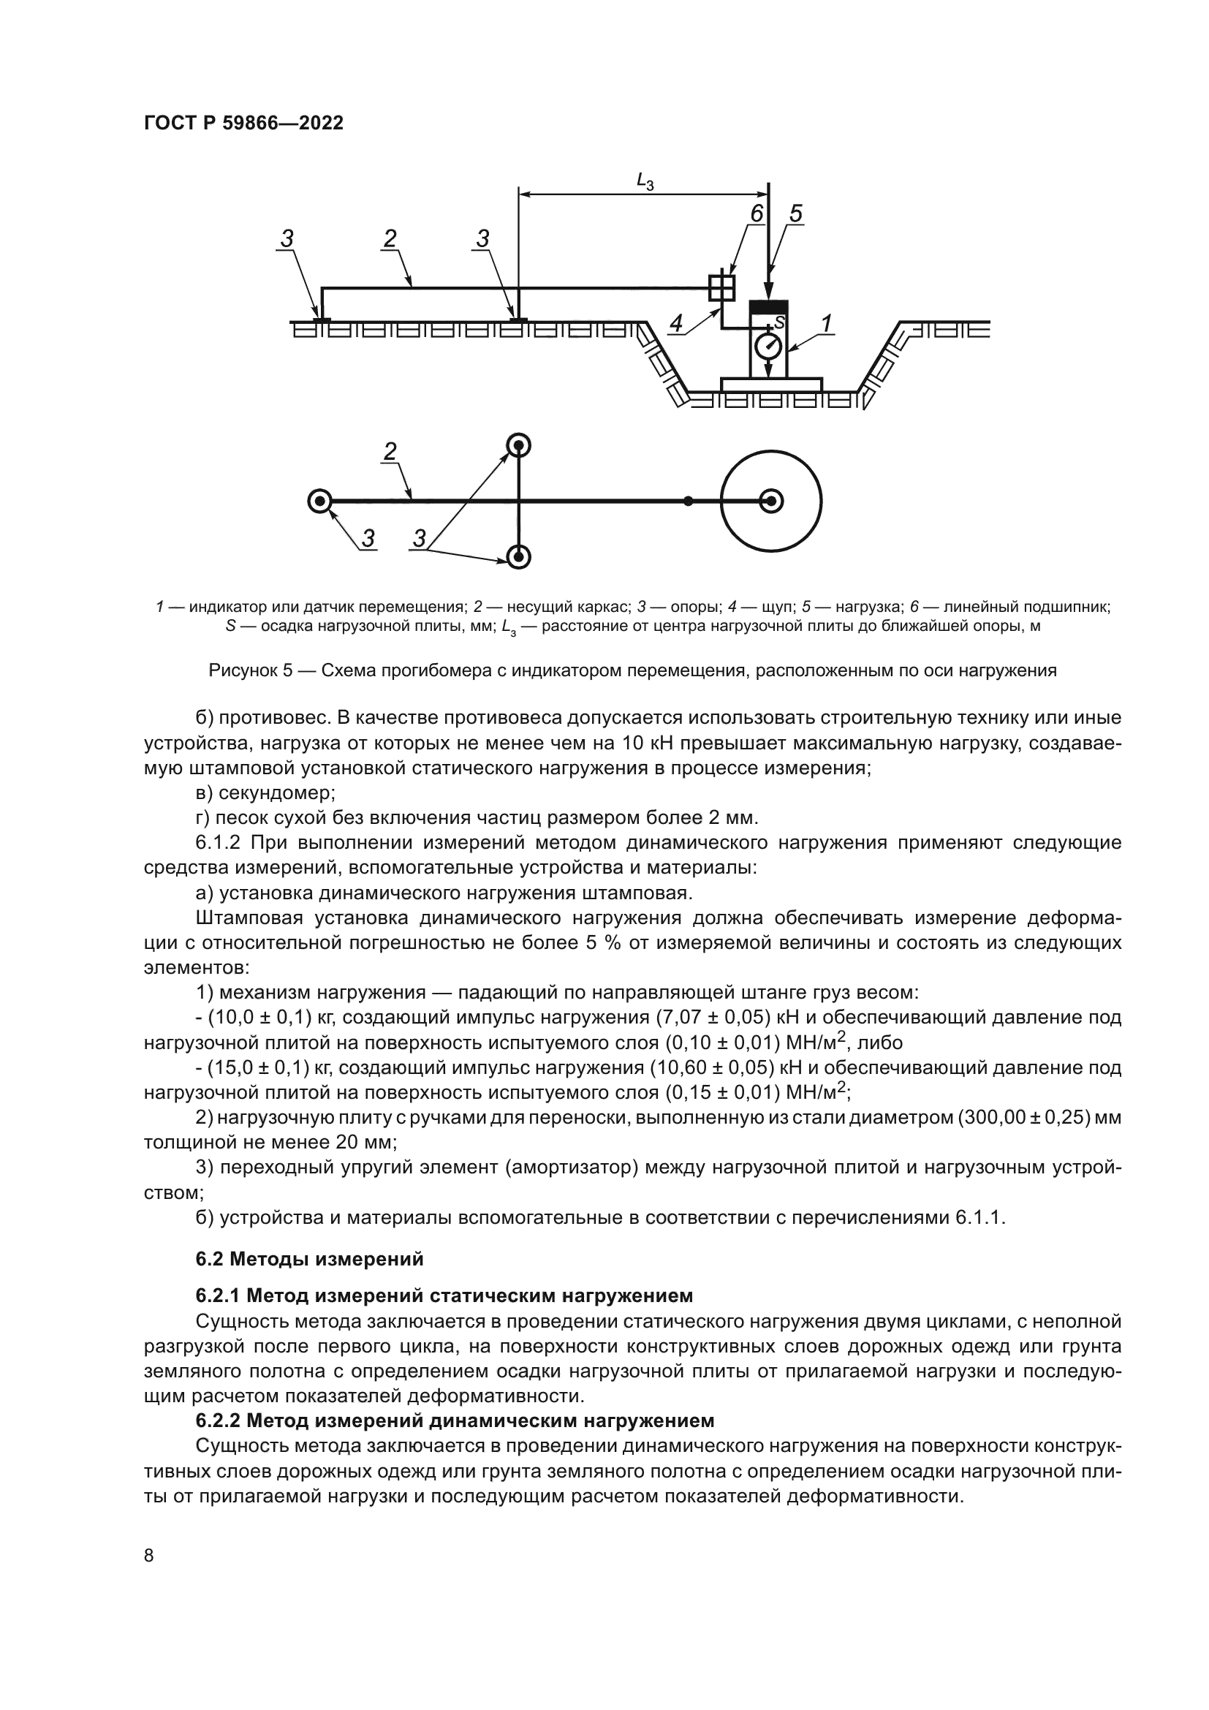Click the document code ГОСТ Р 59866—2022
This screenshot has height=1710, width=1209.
[x=243, y=124]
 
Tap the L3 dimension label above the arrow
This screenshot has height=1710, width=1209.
[x=645, y=181]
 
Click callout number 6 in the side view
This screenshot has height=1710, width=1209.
[x=757, y=213]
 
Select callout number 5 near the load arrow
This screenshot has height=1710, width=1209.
[x=795, y=213]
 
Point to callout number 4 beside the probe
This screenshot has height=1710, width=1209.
[x=676, y=322]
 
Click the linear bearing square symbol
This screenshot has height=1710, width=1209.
[x=721, y=287]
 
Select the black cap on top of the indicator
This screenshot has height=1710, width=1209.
[x=769, y=307]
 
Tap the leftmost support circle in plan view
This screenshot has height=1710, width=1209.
[x=320, y=502]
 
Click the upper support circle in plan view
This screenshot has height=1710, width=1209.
[x=519, y=446]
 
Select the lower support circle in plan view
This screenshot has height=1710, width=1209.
[x=519, y=556]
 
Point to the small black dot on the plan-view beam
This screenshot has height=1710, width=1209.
[x=689, y=502]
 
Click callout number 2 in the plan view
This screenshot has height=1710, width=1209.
[x=390, y=450]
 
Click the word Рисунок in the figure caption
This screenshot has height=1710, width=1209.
[x=243, y=670]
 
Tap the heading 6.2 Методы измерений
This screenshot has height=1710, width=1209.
[x=309, y=1259]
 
